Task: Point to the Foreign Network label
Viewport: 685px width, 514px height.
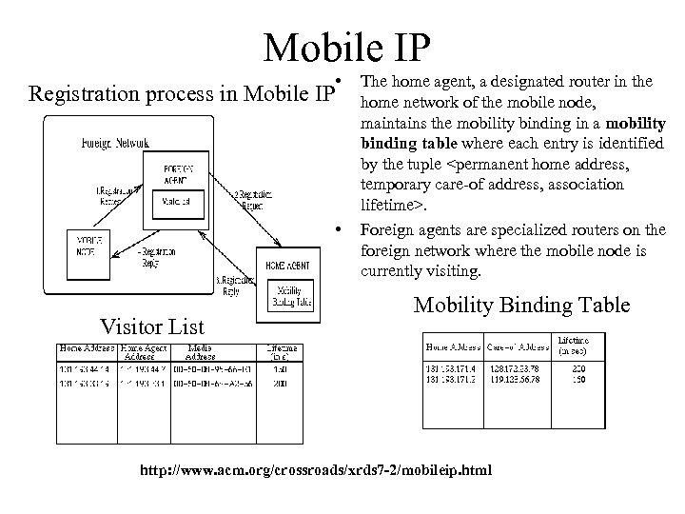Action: tap(113, 143)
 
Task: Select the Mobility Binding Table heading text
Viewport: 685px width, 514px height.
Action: tap(521, 305)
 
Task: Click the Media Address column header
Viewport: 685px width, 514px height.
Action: tap(199, 351)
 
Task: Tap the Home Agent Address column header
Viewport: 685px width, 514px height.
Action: tap(144, 351)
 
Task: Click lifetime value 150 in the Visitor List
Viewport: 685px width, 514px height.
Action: tap(279, 370)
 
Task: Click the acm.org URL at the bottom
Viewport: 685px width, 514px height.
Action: tap(316, 470)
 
